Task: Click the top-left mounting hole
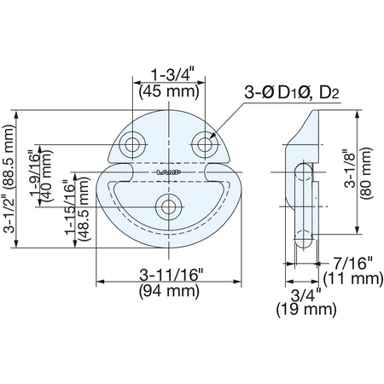132,144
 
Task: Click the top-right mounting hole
205,144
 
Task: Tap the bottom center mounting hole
169,207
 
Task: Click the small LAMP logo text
170,172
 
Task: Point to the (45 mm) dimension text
169,91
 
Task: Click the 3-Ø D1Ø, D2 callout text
292,93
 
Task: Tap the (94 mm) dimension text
169,291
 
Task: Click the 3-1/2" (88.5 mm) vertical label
9,178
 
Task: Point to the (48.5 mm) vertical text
84,209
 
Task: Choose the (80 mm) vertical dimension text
366,172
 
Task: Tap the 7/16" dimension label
353,263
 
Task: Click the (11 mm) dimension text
353,278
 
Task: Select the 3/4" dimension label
305,296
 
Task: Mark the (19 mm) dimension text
306,309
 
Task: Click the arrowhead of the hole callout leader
211,137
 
